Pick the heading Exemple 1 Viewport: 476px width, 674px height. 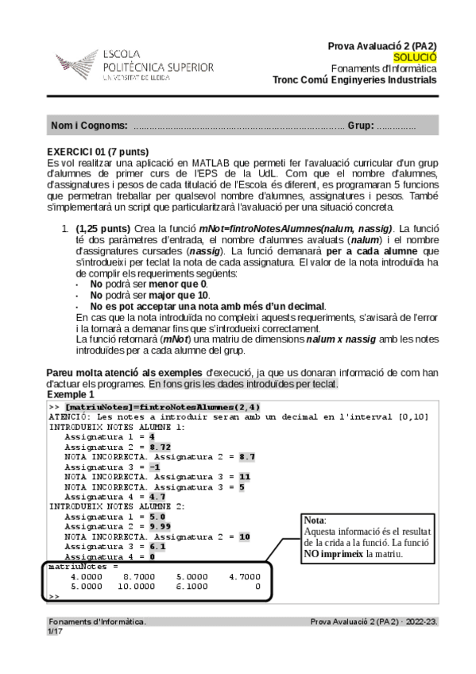click(x=70, y=394)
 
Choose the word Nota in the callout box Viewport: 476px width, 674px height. click(x=315, y=520)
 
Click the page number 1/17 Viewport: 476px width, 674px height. click(x=54, y=631)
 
